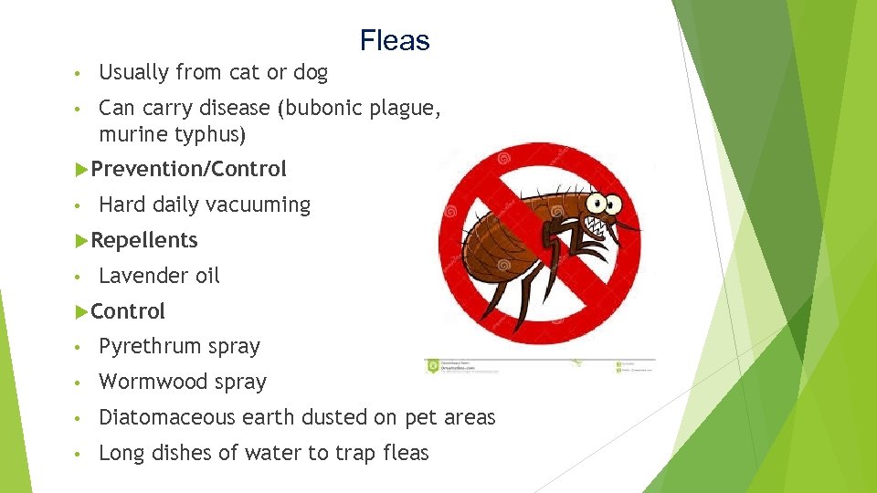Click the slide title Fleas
394,40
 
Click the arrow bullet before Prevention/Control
80,169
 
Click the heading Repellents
144,240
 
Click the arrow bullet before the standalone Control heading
80,311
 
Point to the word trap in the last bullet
345,453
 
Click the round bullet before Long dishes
80,454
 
